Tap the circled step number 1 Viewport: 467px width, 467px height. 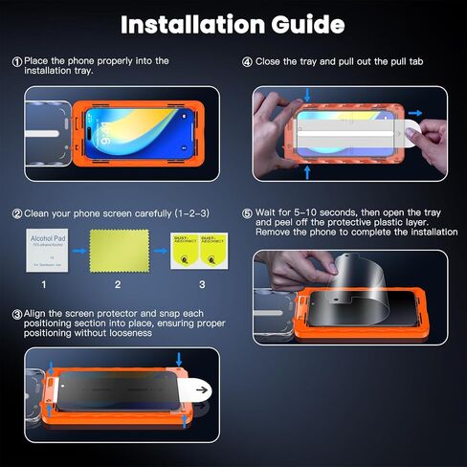16,62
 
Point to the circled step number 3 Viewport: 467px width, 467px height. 16,313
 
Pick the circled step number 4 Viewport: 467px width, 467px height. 247,62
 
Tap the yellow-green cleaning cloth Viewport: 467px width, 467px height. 117,250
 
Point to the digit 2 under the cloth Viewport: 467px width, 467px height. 117,284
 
